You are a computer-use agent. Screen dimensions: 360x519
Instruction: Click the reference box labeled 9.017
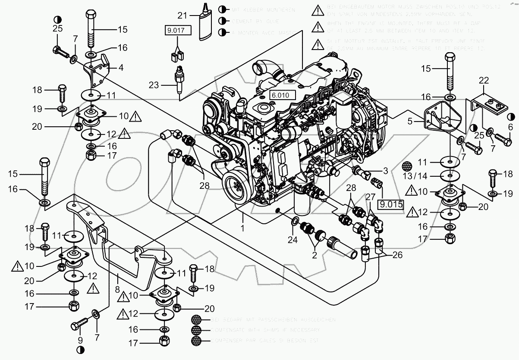[x=175, y=30]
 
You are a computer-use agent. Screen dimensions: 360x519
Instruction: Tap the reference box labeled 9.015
[x=391, y=203]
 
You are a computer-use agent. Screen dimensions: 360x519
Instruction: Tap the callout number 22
[x=484, y=80]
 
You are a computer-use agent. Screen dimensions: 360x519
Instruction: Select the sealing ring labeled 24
[x=295, y=222]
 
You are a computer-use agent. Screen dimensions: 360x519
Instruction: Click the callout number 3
[x=385, y=171]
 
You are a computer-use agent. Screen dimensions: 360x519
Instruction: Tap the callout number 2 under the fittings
[x=315, y=255]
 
